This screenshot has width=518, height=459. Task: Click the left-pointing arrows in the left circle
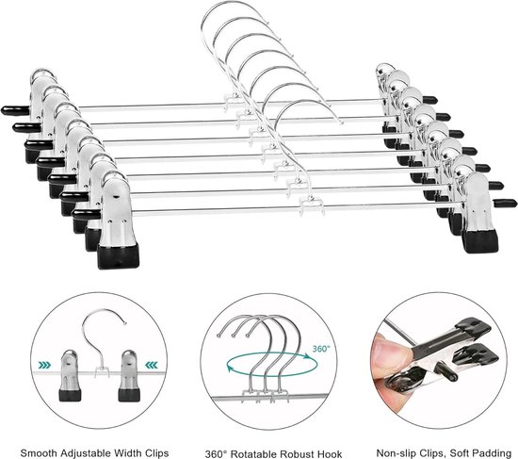43,361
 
